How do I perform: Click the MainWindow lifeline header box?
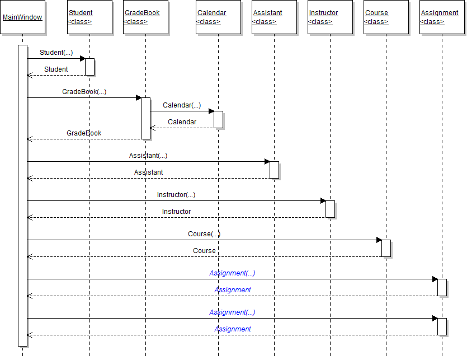22,17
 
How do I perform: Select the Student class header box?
89,17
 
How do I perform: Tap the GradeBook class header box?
145,17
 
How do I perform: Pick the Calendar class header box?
218,17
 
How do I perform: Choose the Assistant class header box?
274,17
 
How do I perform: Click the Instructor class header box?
330,17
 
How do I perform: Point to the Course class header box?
386,17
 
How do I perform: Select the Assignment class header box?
442,17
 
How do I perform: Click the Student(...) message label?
56,53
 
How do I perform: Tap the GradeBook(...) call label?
84,92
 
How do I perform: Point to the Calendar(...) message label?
182,105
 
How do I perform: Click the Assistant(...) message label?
148,156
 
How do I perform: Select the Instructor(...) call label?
176,195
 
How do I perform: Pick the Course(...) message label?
204,234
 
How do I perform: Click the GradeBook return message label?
84,133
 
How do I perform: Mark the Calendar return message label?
182,122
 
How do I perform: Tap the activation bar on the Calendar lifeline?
218,119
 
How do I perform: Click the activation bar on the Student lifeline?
89,67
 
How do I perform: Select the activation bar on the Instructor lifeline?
330,209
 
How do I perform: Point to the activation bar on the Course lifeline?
386,248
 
